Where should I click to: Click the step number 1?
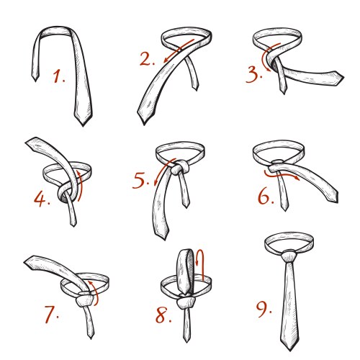(58, 76)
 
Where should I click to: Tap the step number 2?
(147, 59)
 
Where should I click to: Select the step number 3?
(254, 75)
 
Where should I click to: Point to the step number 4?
(42, 199)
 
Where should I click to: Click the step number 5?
(140, 181)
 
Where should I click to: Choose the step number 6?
(266, 197)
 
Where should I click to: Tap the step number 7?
(51, 314)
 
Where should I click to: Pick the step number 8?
(163, 315)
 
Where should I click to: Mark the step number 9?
(264, 310)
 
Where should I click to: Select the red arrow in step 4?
(80, 185)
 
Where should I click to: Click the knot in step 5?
(179, 168)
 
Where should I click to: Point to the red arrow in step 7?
(95, 293)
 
